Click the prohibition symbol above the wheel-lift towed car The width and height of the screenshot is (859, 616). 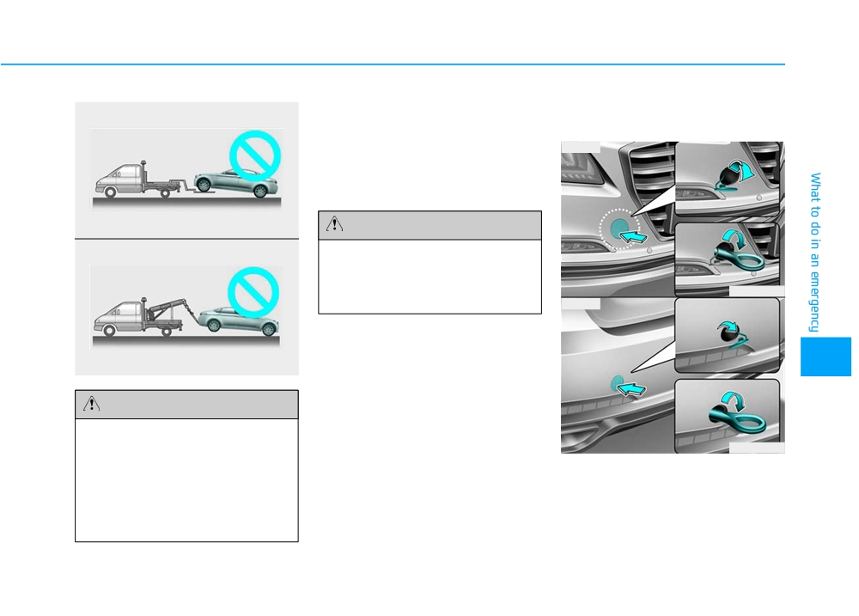click(255, 156)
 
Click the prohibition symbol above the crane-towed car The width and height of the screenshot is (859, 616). click(253, 292)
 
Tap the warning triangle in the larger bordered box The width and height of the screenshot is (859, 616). click(92, 404)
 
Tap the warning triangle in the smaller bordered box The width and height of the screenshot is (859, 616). click(334, 223)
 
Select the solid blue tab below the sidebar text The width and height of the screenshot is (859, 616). click(825, 357)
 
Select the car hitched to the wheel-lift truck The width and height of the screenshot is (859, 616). click(235, 182)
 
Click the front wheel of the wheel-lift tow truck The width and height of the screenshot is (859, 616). click(110, 192)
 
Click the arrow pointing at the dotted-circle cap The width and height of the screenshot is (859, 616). click(633, 236)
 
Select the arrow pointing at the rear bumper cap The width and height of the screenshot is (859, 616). click(631, 388)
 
